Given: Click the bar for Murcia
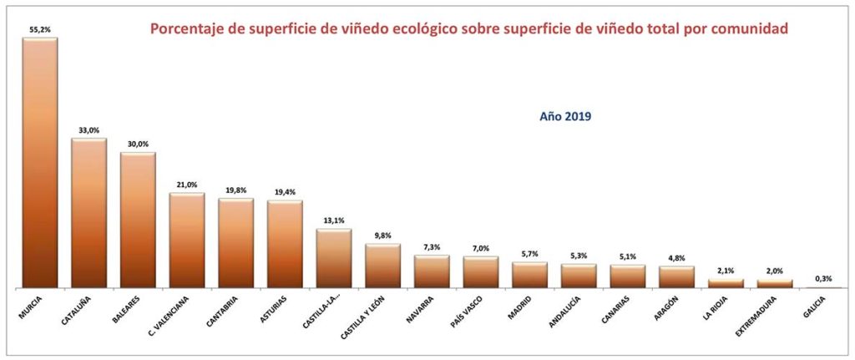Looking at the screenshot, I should tap(39, 163).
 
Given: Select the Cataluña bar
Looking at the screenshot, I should tap(89, 213).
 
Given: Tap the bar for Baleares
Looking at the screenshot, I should tap(138, 221).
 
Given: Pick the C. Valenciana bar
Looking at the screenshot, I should tap(187, 241).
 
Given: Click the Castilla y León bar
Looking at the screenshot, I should tap(383, 266).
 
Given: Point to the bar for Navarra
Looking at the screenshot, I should tap(432, 272).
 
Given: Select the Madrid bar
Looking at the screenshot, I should tap(529, 276).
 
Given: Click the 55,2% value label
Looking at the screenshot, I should tap(40, 29).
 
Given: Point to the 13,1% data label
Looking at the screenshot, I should tap(334, 221).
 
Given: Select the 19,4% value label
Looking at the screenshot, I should tap(285, 192).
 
